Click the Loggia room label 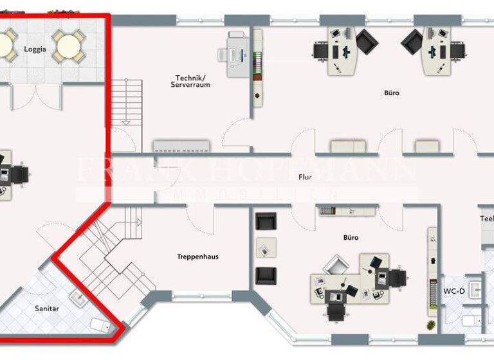click(x=35, y=50)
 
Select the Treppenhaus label click(x=197, y=256)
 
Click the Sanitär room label click(x=46, y=309)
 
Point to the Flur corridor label click(x=305, y=177)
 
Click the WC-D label click(x=453, y=291)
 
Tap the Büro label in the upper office click(x=391, y=93)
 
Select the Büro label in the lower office click(x=351, y=237)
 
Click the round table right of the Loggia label click(x=66, y=45)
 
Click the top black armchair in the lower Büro click(x=266, y=222)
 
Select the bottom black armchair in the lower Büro click(x=266, y=275)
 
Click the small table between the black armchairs click(x=266, y=248)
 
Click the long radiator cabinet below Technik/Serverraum click(x=181, y=145)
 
